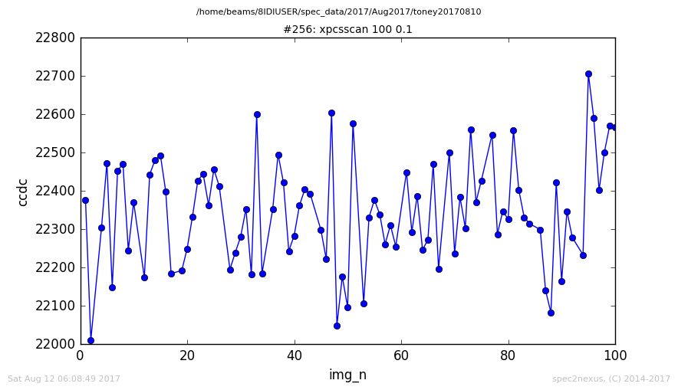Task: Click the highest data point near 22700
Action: pos(588,74)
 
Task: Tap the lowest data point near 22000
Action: pos(91,341)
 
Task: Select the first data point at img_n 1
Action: pos(85,201)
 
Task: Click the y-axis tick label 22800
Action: pos(55,38)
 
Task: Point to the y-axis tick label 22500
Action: pos(55,153)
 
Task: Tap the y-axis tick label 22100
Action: pos(55,306)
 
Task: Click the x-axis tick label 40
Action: pos(295,356)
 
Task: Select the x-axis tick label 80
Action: pos(508,356)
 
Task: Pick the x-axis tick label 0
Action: pos(81,356)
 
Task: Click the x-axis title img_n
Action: pos(347,375)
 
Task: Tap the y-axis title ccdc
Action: pos(22,192)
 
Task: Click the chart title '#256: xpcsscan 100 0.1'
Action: pos(347,29)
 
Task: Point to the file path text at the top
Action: pos(338,11)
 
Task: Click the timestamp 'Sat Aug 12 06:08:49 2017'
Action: pos(64,379)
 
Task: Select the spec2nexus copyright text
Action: pos(611,379)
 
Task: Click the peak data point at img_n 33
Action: pos(257,114)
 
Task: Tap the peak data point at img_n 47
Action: pos(331,113)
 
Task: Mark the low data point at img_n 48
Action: pos(337,326)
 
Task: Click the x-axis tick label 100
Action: pos(615,356)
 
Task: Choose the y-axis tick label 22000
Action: pos(55,344)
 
